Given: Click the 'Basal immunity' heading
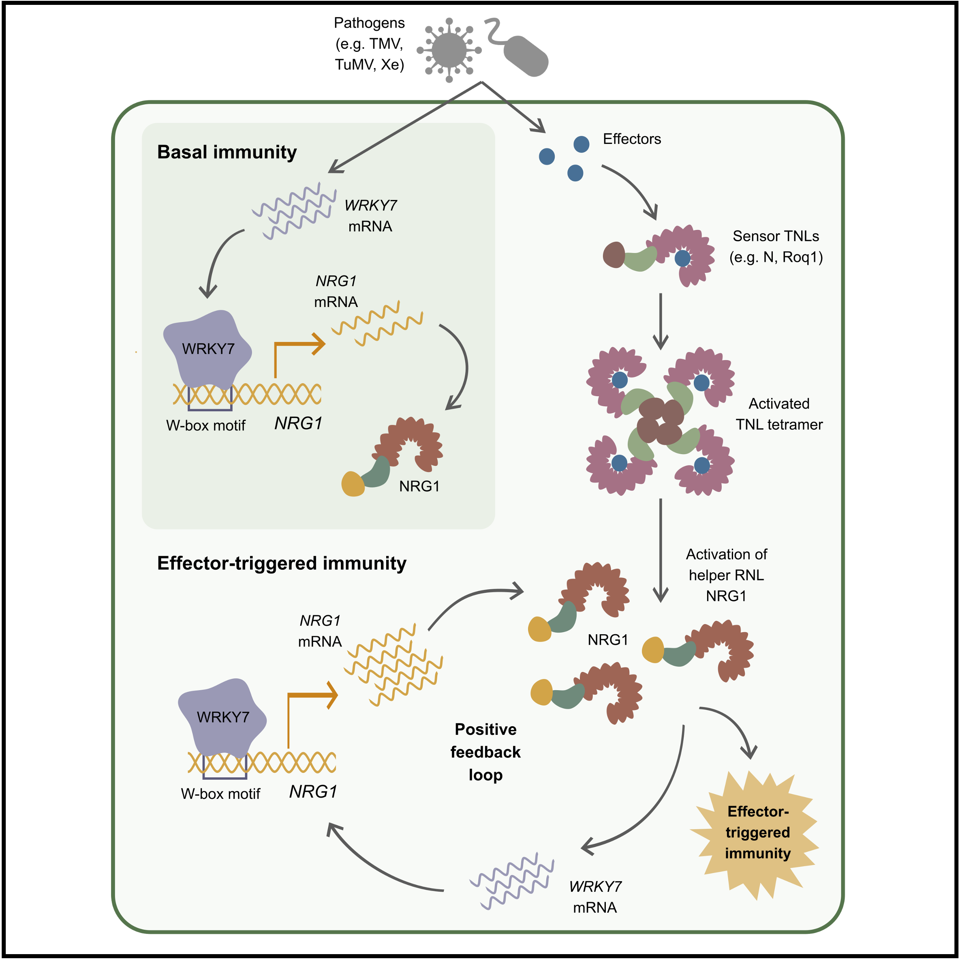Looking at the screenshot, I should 227,152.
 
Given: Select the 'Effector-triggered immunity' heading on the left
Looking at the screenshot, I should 281,563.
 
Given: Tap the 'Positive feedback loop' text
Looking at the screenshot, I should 485,752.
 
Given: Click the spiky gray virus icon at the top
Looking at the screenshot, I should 449,50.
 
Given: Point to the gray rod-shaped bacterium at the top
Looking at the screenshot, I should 525,56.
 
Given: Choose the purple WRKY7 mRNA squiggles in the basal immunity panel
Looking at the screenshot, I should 294,211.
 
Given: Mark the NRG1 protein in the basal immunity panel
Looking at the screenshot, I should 398,455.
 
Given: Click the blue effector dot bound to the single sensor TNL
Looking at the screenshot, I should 683,258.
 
